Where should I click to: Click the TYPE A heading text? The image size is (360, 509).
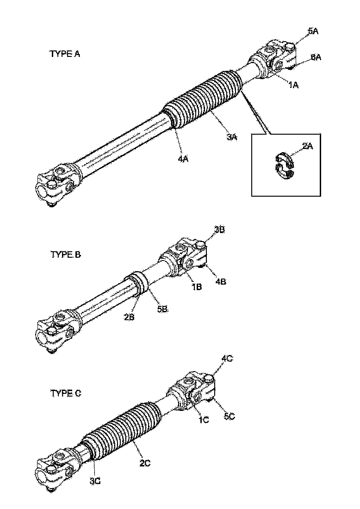point(65,54)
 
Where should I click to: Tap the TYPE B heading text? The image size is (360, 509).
point(65,254)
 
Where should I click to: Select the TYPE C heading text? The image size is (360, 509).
point(65,394)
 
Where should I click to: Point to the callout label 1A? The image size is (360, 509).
point(294,85)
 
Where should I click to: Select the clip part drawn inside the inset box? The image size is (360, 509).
point(283,164)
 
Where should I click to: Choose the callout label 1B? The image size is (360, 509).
point(197,286)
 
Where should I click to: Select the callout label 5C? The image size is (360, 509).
point(229,416)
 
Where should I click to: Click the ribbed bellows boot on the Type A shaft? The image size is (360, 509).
point(204,97)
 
